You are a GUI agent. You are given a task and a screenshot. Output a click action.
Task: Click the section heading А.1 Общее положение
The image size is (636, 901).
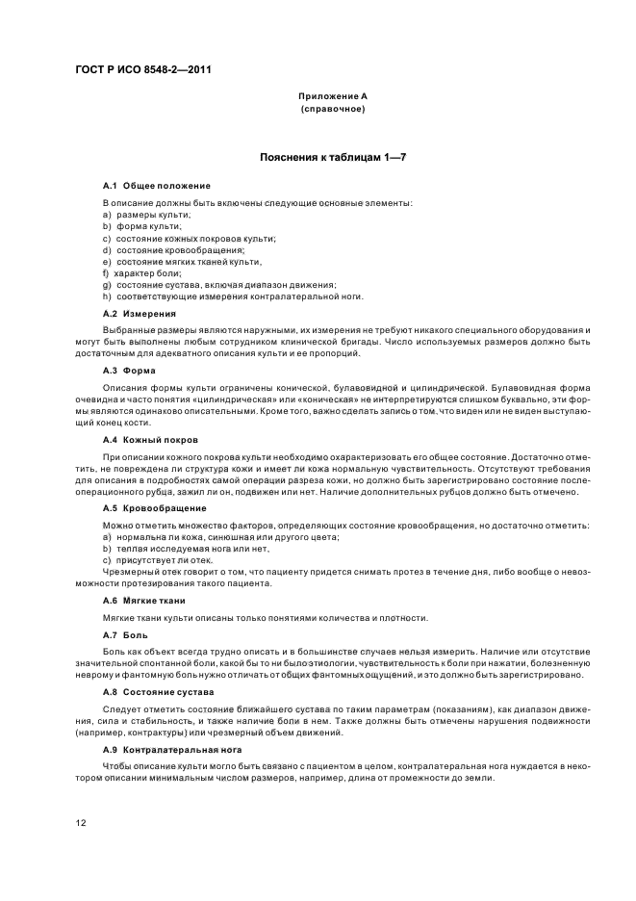[x=157, y=185]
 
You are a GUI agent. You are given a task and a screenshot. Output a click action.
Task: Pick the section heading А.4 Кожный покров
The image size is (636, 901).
[x=150, y=439]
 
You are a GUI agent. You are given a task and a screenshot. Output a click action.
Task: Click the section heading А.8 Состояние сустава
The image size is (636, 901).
[x=158, y=692]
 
